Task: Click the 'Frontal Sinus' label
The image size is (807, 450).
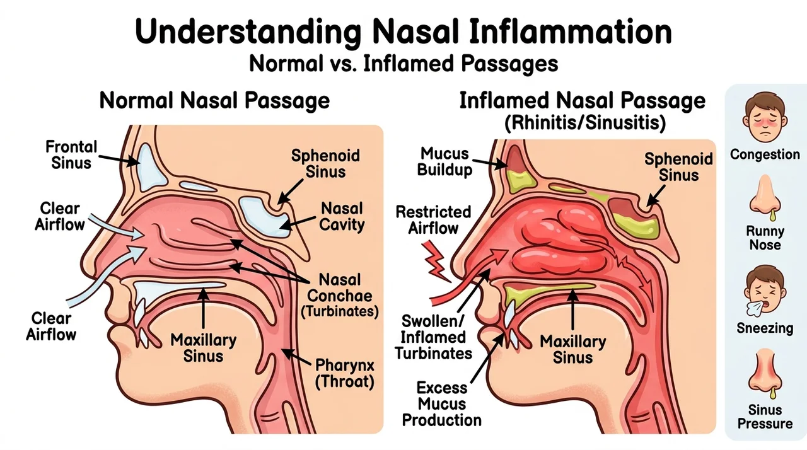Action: click(71, 155)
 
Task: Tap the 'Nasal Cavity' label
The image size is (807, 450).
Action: click(342, 216)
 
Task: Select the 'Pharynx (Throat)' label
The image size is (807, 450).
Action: click(345, 374)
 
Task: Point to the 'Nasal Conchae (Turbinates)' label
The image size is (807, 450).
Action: click(339, 296)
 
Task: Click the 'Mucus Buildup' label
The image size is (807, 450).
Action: click(444, 161)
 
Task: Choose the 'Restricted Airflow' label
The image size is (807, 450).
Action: click(433, 220)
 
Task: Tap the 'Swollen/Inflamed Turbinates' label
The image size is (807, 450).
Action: click(433, 337)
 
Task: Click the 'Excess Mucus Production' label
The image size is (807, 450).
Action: click(442, 404)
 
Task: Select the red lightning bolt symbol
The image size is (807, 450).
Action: click(436, 262)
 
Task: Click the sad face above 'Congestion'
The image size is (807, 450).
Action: click(765, 117)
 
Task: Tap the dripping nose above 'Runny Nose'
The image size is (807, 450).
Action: click(765, 197)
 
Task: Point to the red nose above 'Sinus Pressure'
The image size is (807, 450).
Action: click(765, 373)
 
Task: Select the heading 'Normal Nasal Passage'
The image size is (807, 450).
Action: click(214, 100)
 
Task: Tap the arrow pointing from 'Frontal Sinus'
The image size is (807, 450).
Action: click(119, 160)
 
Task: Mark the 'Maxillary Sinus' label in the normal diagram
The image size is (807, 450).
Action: click(204, 348)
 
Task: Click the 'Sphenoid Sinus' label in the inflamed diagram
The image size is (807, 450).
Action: click(679, 167)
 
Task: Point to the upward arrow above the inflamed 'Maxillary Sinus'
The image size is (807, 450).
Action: click(573, 309)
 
